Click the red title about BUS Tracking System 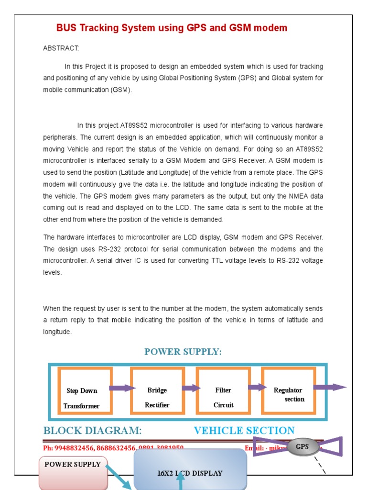click(172, 28)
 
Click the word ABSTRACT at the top click(61, 48)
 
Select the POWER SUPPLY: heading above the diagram click(183, 352)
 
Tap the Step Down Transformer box click(85, 391)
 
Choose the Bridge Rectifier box click(157, 391)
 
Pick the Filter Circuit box click(223, 391)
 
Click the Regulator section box click(288, 391)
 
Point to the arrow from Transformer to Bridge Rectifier click(122, 388)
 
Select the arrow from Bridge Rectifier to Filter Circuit click(191, 388)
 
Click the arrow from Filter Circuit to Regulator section click(257, 387)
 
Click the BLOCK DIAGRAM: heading click(92, 431)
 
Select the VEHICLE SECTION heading click(244, 431)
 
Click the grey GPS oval click(302, 447)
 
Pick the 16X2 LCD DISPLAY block click(190, 473)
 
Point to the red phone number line click(113, 448)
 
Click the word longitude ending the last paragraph click(56, 332)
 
